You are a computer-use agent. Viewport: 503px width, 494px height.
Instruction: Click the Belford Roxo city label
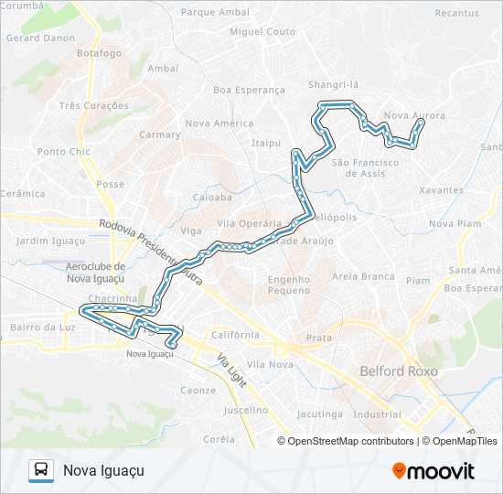point(399,371)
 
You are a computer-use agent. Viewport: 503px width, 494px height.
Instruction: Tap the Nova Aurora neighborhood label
point(415,115)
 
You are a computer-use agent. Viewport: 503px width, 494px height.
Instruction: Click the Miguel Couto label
point(262,31)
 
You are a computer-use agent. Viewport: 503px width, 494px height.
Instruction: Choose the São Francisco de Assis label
point(365,167)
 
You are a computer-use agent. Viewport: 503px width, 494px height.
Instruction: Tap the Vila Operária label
point(248,223)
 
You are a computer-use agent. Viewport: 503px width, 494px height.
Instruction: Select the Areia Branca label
point(363,276)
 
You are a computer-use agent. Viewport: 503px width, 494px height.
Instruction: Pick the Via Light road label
point(232,370)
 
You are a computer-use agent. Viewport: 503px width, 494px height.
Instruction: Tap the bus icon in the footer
point(40,470)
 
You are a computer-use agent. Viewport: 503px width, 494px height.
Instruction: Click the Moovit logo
point(433,470)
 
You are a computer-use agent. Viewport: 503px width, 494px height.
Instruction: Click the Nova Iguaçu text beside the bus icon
point(103,470)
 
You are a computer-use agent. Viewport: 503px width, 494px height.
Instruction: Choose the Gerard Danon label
point(41,38)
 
